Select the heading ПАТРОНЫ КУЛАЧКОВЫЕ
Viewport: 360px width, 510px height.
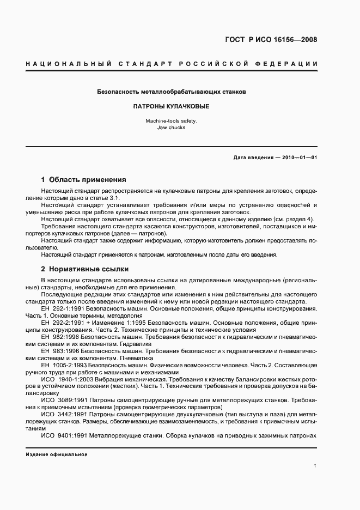point(171,107)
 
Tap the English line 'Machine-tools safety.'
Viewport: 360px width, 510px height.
point(171,121)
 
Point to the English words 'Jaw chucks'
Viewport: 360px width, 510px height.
point(171,127)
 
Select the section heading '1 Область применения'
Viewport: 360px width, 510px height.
point(84,179)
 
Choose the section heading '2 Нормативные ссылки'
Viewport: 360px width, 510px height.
point(85,269)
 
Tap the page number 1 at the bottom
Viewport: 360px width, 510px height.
point(315,466)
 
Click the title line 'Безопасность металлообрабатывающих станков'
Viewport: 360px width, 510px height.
point(171,92)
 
